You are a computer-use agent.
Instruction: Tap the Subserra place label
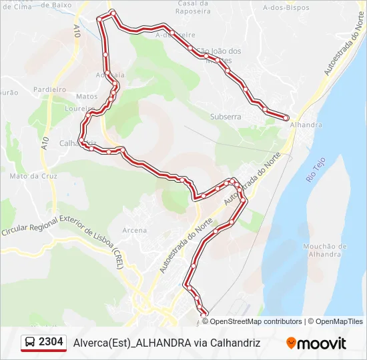[225, 116]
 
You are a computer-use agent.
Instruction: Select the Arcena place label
[135, 230]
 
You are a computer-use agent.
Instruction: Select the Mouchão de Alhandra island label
[325, 250]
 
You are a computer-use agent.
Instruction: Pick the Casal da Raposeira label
[194, 7]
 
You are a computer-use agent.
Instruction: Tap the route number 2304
[51, 342]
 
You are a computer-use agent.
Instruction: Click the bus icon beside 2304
[30, 343]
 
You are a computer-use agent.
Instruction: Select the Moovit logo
[316, 343]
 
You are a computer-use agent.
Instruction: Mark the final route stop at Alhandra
[286, 118]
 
